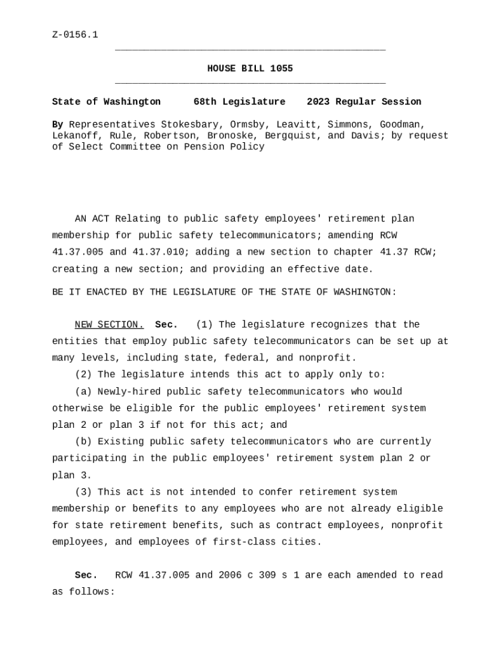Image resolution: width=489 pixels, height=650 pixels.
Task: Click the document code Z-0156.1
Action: click(75, 35)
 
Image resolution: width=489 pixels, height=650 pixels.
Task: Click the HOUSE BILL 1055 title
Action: click(250, 69)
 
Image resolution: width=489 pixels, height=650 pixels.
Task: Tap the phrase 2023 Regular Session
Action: click(364, 102)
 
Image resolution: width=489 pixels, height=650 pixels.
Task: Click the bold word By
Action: click(58, 124)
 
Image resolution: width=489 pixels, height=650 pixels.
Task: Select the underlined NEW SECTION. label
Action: click(109, 325)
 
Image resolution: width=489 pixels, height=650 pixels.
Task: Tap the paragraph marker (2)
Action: click(83, 375)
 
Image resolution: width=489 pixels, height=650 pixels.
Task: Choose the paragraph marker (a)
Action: click(83, 392)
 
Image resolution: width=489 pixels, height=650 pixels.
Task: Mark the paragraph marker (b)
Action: click(83, 442)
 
